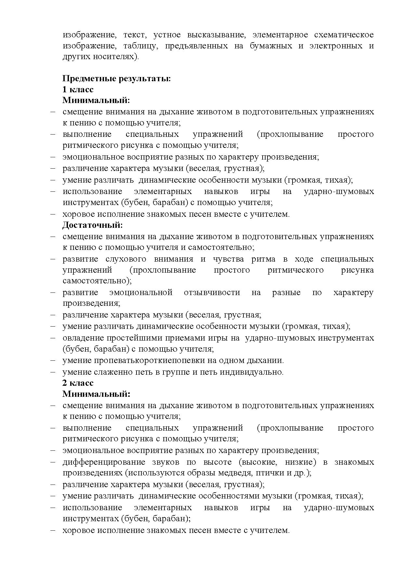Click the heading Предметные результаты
tap(117, 78)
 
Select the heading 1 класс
tap(78, 89)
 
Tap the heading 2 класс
tap(78, 383)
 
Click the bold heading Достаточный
tap(93, 225)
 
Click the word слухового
tap(126, 259)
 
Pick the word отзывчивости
tap(212, 292)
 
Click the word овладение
tap(84, 338)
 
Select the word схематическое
tap(344, 34)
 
